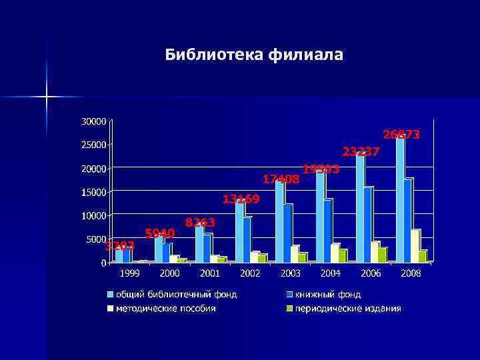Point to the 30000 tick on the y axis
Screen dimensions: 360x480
(x=93, y=121)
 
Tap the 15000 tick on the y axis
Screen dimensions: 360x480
(x=93, y=192)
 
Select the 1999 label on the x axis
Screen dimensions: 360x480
(x=129, y=273)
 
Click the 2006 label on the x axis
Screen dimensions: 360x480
(x=371, y=273)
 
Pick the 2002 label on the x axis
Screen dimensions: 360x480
(x=250, y=273)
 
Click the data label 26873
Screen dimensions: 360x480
(x=401, y=135)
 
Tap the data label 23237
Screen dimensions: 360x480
(x=361, y=152)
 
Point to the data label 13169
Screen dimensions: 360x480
(x=241, y=199)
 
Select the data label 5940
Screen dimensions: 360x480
(x=160, y=233)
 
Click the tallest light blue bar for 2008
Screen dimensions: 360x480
(x=400, y=200)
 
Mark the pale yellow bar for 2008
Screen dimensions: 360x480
(x=415, y=246)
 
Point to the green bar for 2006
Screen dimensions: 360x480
(x=381, y=255)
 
